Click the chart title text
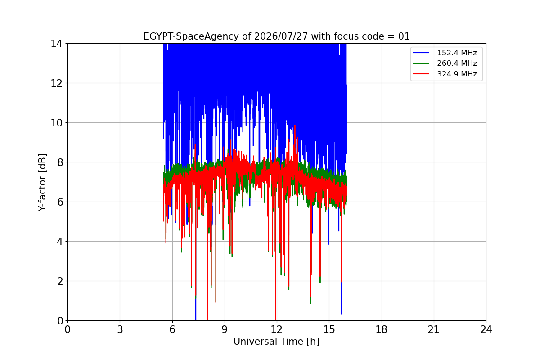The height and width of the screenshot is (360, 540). click(x=276, y=36)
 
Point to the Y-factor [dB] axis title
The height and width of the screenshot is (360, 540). click(x=42, y=183)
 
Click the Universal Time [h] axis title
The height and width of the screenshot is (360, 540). click(x=276, y=342)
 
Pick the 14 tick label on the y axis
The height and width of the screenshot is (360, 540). click(x=56, y=44)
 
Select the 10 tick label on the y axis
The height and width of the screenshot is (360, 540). click(x=56, y=123)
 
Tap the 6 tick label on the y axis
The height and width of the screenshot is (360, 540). click(x=60, y=202)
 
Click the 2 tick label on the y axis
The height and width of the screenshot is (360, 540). click(x=60, y=281)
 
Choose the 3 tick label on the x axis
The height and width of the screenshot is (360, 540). click(x=120, y=329)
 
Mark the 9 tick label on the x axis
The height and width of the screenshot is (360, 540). click(x=225, y=329)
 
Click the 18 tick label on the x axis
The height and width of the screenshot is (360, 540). click(x=382, y=329)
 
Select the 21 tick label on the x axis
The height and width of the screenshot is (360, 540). click(x=434, y=329)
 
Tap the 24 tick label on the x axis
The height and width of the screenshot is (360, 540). click(x=486, y=329)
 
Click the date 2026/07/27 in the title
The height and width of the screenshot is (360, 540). click(x=281, y=36)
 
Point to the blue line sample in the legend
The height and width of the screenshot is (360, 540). click(x=421, y=53)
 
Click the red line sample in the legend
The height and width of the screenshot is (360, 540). click(x=421, y=74)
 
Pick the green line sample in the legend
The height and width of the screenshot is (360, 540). click(x=421, y=63)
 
